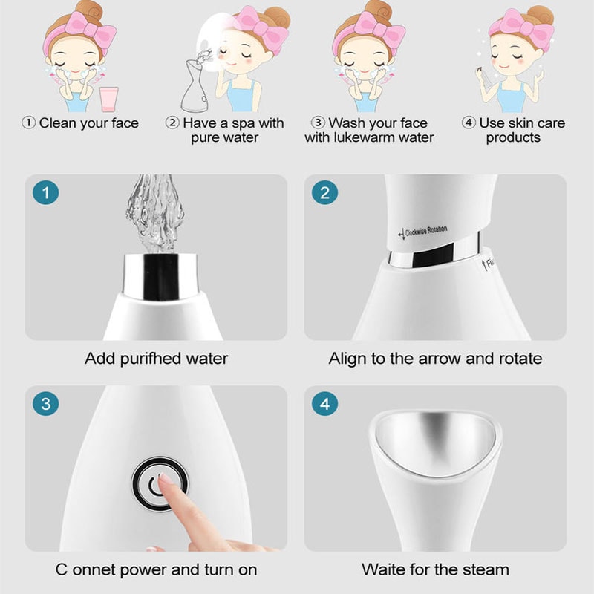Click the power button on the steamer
(x=159, y=486)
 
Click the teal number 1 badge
(x=45, y=194)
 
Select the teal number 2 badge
(x=324, y=194)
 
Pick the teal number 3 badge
(x=45, y=405)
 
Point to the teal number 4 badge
(x=324, y=405)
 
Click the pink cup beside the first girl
(x=108, y=98)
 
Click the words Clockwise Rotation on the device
(x=426, y=231)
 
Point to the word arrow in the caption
(x=440, y=359)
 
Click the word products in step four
(x=513, y=137)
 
